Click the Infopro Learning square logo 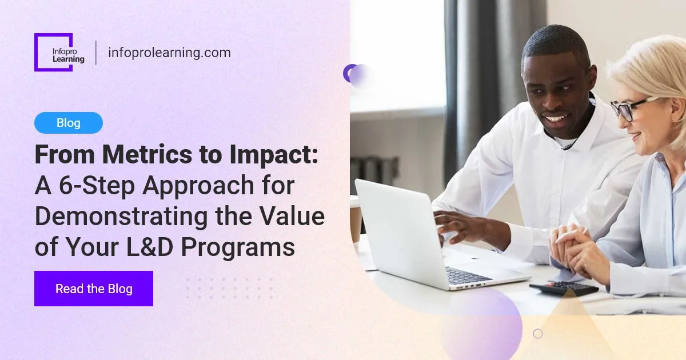tap(54, 52)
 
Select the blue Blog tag tap(69, 123)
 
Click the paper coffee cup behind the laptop tap(355, 220)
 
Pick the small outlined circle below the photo tap(537, 334)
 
